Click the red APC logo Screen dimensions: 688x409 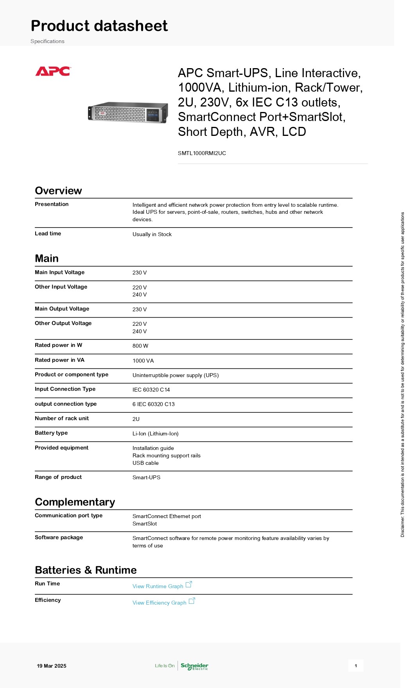point(53,71)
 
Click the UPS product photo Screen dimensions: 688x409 point(128,112)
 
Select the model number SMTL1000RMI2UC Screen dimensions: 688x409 point(202,153)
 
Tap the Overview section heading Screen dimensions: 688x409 point(58,191)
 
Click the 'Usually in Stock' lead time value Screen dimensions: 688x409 point(152,234)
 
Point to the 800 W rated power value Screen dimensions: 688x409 point(140,346)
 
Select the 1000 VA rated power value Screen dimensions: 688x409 point(143,361)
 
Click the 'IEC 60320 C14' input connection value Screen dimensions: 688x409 point(151,390)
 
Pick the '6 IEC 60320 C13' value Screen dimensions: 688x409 point(153,404)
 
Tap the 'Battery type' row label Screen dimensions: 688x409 point(51,433)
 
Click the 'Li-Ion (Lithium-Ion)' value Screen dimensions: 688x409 point(155,433)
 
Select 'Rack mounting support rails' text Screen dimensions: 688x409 point(166,455)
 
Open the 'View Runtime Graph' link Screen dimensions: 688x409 point(158,586)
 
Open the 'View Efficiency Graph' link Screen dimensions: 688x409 point(159,603)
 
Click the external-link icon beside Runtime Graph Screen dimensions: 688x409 point(188,584)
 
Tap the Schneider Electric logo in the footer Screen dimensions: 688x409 point(194,666)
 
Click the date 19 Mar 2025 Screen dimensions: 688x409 point(52,666)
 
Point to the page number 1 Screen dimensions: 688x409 point(355,666)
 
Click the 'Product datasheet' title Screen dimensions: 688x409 point(99,26)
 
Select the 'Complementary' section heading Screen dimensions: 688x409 point(75,502)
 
